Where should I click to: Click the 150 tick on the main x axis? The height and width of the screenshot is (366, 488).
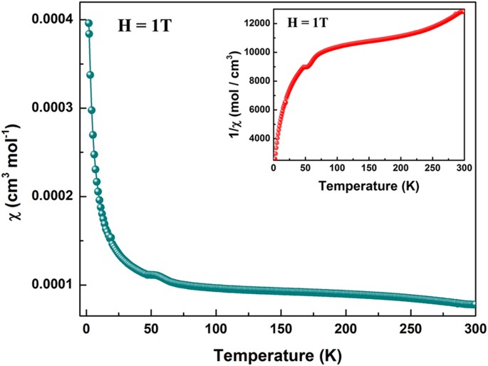coord(279,328)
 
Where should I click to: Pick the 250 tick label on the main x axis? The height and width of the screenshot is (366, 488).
coord(409,328)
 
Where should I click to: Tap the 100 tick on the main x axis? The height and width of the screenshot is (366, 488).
coord(214,328)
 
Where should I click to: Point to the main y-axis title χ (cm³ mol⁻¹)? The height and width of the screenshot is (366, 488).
coord(17,171)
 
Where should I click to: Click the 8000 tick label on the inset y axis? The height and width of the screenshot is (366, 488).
coord(255,81)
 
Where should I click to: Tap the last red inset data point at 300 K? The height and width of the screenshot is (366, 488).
coord(462,11)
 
